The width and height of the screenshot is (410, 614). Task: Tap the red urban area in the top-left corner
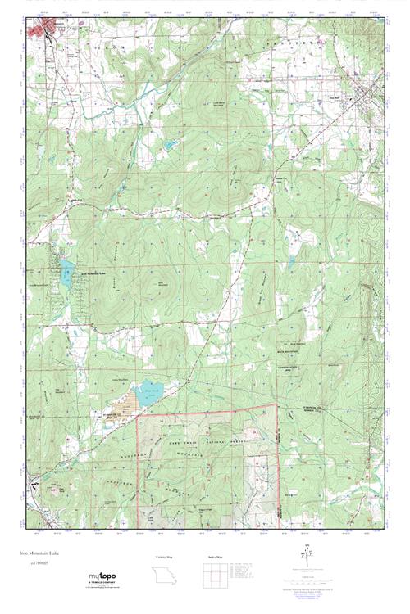40,29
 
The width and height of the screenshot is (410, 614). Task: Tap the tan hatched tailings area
127,402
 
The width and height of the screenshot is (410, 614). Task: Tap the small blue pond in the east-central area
289,264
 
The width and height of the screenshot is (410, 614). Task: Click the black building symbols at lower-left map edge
34,483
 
